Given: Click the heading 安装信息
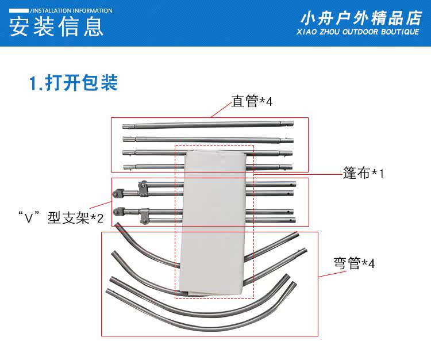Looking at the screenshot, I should coord(57,28).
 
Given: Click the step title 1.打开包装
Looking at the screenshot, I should coord(74,83).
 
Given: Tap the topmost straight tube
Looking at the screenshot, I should coord(207,124).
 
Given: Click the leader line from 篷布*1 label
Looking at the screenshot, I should coord(299,173).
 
